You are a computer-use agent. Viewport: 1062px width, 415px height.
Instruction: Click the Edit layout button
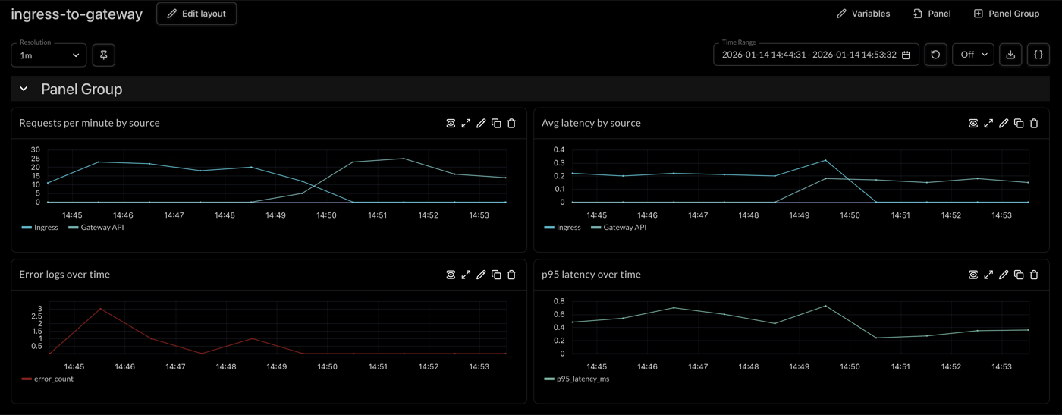point(196,14)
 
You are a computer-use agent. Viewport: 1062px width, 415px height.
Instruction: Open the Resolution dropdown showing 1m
point(49,55)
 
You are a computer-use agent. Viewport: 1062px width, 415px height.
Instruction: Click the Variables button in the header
point(862,14)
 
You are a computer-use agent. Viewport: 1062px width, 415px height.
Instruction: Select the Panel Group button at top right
point(1006,14)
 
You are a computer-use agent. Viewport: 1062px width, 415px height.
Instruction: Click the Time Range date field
point(815,55)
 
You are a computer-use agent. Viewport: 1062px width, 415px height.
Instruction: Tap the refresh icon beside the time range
point(935,55)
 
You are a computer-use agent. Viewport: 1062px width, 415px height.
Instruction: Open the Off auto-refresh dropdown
point(972,55)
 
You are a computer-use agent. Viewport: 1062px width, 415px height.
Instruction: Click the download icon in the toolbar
point(1010,55)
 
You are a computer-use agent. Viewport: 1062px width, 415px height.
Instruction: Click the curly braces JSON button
point(1038,55)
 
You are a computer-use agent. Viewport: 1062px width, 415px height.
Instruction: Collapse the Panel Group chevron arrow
point(24,90)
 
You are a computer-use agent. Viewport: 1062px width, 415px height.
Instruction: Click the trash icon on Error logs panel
point(511,275)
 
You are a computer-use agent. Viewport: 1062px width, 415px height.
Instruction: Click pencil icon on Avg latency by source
point(1004,123)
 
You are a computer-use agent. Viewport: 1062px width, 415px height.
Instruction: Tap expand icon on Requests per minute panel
point(466,123)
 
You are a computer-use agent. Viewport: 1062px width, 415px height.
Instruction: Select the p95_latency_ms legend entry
point(577,379)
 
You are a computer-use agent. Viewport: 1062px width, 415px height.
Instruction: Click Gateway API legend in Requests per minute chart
point(96,227)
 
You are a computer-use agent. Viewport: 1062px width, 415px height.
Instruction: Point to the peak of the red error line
point(99,309)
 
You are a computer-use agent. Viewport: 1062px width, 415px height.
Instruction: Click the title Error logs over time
point(64,275)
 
